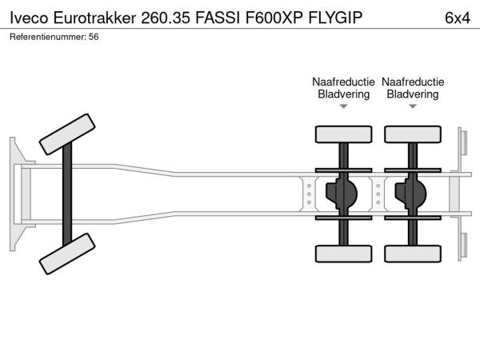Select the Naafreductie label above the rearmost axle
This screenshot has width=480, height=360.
(413, 82)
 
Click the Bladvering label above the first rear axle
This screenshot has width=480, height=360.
(343, 94)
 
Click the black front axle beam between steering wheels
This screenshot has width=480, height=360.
(68, 196)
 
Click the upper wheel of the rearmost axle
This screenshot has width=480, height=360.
(413, 134)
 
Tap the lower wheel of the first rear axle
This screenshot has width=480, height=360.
(343, 254)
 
